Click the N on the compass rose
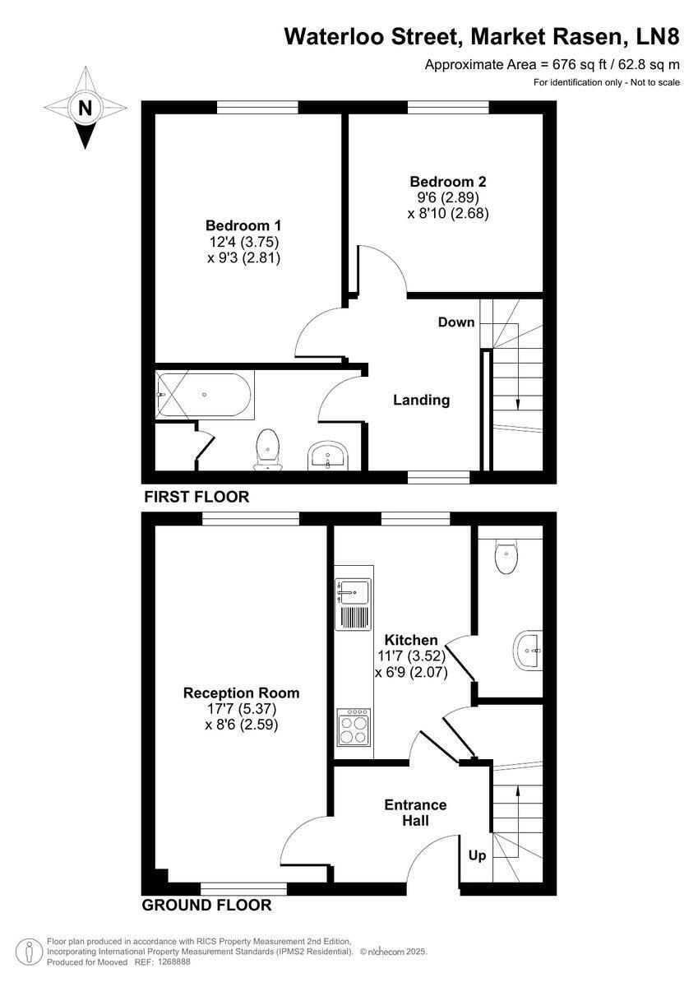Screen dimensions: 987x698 [x=85, y=107]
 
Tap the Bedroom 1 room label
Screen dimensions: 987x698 [x=243, y=225]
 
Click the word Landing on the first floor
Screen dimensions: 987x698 [x=421, y=401]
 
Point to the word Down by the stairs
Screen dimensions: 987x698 [x=456, y=322]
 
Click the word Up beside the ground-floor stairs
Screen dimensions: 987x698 [x=477, y=855]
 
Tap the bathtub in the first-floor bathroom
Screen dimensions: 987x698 [x=205, y=394]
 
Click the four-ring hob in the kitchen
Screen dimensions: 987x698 [x=354, y=726]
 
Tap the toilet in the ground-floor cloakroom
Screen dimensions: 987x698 [x=506, y=557]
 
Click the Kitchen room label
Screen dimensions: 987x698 [x=411, y=640]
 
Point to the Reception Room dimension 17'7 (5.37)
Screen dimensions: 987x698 [x=243, y=710]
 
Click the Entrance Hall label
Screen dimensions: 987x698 [x=415, y=812]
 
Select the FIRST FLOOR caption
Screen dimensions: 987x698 [x=196, y=497]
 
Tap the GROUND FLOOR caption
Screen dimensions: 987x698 [x=206, y=906]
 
